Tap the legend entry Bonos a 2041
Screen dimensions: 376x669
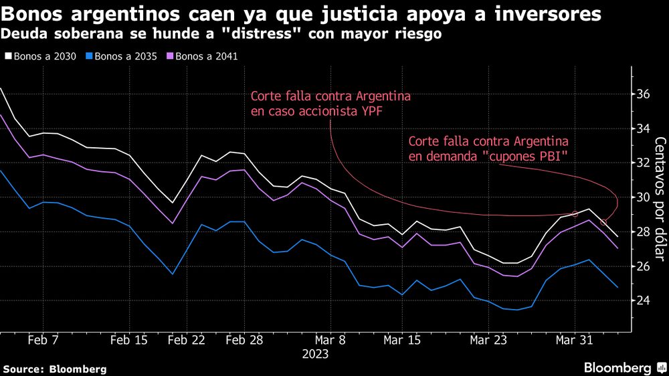(x=204, y=57)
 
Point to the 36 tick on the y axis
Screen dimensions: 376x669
(x=643, y=94)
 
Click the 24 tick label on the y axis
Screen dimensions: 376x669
(x=643, y=300)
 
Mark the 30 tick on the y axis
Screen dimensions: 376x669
(x=643, y=197)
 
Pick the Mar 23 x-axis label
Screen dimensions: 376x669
(x=488, y=341)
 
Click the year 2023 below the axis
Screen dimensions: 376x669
(x=315, y=354)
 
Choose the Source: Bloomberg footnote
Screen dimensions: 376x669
(x=55, y=369)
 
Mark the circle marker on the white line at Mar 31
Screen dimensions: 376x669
(x=575, y=214)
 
